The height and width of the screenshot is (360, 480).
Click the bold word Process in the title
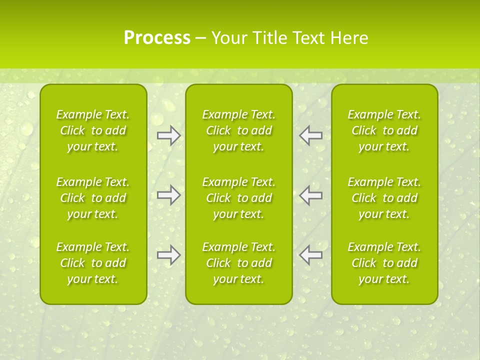point(157,38)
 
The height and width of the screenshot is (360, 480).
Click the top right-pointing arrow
point(169,135)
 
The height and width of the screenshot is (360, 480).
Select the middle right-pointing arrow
point(169,195)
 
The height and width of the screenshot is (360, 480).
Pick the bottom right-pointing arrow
point(169,255)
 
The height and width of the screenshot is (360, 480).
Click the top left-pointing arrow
point(310,135)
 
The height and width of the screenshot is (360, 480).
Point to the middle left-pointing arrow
point(310,195)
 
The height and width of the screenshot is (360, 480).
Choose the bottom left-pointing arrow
point(310,255)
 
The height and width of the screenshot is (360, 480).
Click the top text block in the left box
point(93,130)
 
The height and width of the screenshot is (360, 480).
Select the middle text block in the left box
point(93,198)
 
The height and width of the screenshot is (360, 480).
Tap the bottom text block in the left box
point(93,263)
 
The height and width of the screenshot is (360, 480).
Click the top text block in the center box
point(238,130)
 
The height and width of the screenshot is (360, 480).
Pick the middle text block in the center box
point(238,198)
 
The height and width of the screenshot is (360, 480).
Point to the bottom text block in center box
point(238,263)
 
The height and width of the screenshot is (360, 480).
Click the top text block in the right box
point(384,130)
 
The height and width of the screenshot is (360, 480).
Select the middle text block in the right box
point(384,198)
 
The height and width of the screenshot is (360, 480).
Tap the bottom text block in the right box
point(384,263)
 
